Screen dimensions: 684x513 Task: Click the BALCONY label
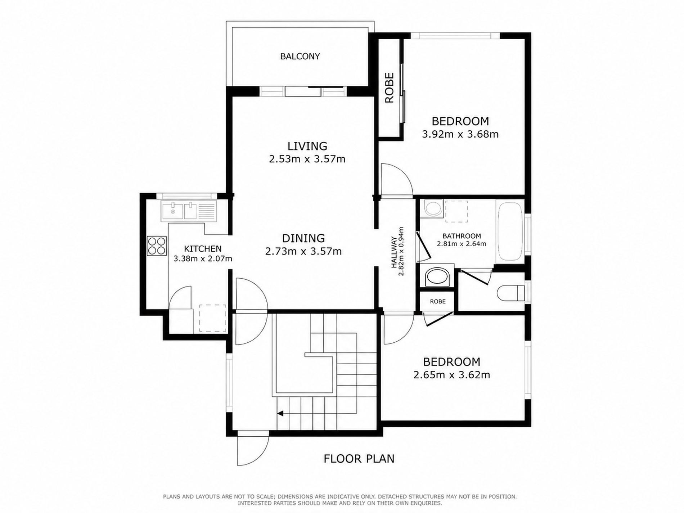[x=300, y=57]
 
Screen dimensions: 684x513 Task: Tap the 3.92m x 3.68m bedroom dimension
[x=460, y=134]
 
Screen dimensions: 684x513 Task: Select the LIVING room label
[x=307, y=146]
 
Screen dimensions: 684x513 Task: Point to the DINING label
[x=303, y=238]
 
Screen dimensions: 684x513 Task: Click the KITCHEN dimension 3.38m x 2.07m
[x=203, y=258]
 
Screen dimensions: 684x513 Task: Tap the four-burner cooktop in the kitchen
[x=157, y=246]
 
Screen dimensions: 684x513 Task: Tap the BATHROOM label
[x=462, y=236]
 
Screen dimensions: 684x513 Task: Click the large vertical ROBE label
[x=390, y=88]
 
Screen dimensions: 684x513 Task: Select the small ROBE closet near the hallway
[x=438, y=301]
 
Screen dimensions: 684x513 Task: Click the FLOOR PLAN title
[x=359, y=459]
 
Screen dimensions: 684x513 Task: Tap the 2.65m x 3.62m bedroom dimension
[x=452, y=375]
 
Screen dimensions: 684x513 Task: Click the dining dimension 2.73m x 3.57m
[x=303, y=251]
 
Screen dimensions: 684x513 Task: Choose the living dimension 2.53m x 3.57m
[x=307, y=159]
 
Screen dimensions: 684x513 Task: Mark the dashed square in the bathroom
[x=456, y=211]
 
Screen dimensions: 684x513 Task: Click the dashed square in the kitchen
[x=213, y=318]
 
